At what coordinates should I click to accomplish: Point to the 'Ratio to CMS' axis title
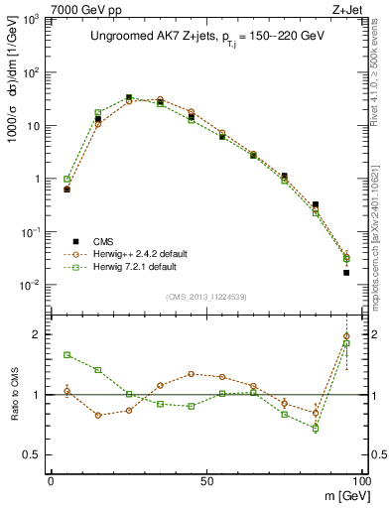point(13,395)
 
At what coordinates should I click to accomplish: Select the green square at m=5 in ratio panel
point(66,354)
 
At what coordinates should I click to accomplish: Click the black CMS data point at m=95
point(346,272)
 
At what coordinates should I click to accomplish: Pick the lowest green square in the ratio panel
point(316,429)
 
